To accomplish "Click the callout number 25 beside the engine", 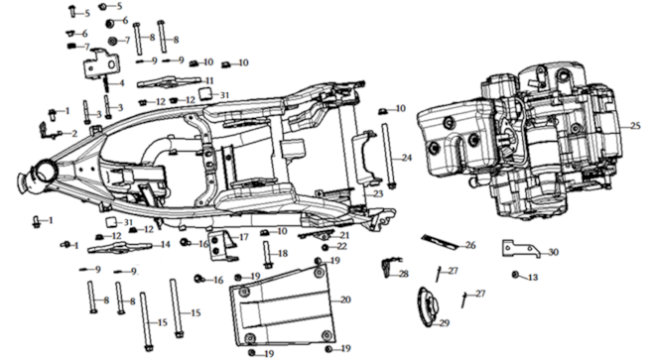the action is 635,125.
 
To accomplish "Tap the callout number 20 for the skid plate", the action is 346,300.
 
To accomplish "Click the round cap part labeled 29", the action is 428,304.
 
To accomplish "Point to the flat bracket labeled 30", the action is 520,248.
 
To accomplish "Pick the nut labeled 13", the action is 515,275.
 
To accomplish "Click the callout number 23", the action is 378,193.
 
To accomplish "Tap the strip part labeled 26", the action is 439,243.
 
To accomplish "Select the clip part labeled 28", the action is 387,267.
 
